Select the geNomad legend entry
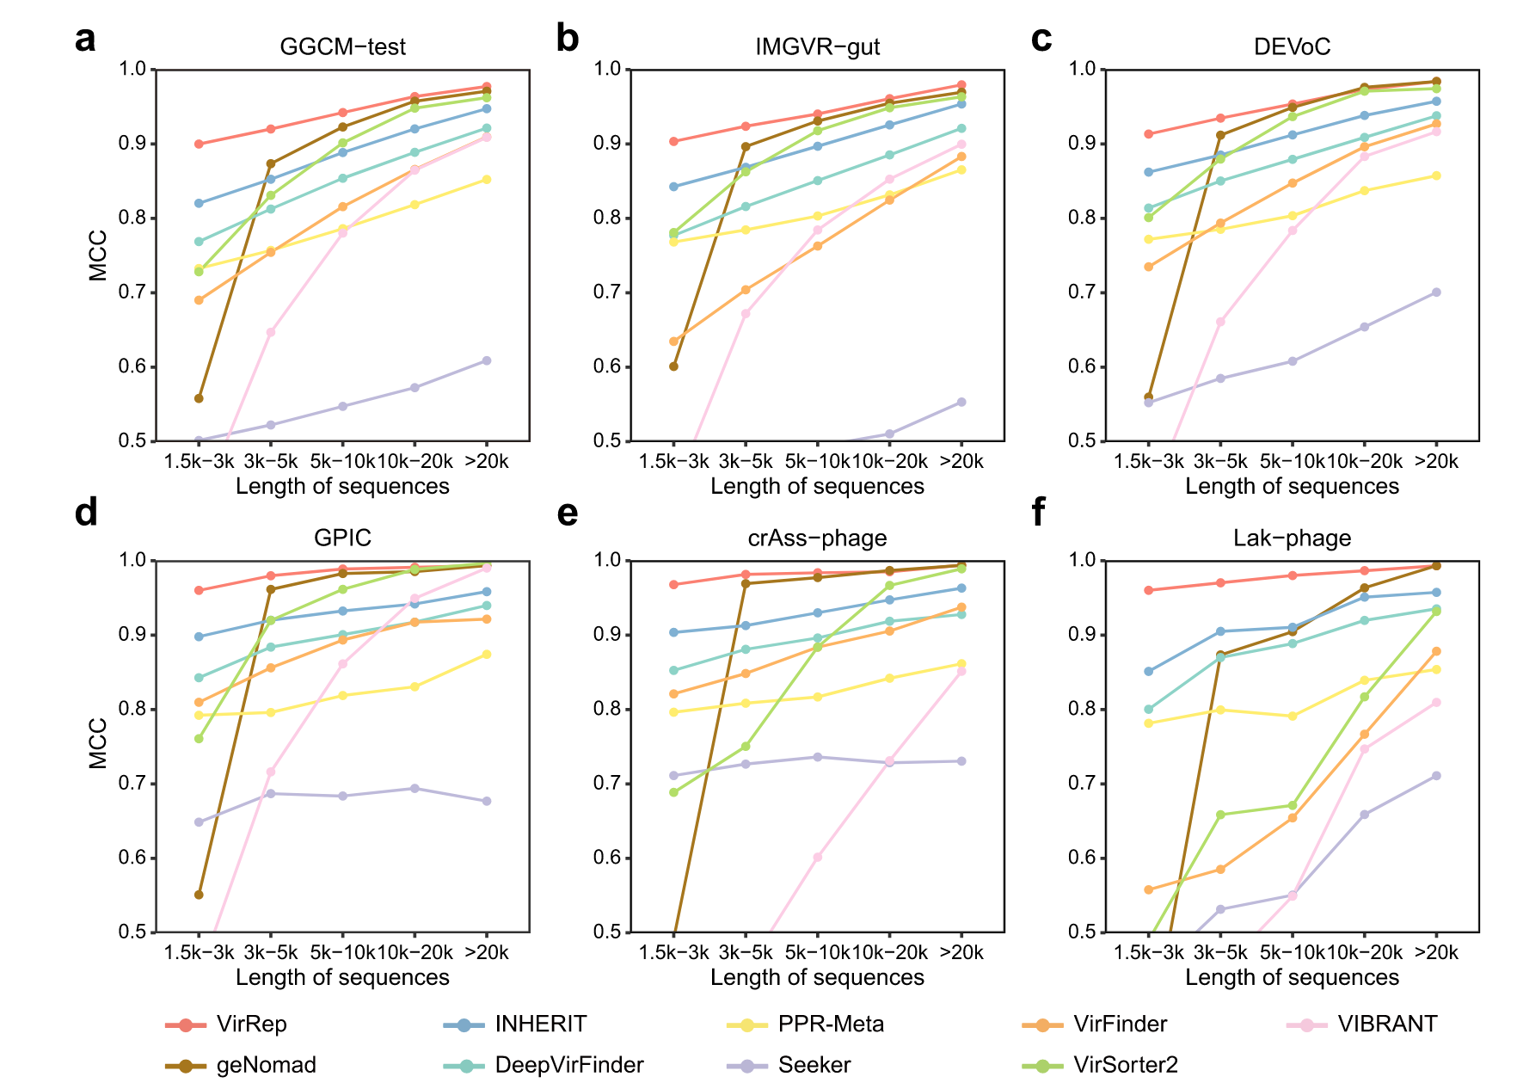point(266,1065)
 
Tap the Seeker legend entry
point(814,1065)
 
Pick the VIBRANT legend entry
point(1386,1024)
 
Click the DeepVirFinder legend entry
point(568,1065)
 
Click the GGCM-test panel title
point(342,46)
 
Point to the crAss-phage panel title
point(817,538)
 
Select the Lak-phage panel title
point(1292,538)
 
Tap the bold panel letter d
point(86,513)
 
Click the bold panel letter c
point(1041,39)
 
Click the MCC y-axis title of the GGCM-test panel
point(98,255)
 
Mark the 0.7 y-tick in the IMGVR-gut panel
point(607,292)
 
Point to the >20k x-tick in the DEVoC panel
point(1436,461)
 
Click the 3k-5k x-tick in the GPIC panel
point(271,952)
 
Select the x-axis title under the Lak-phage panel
point(1292,977)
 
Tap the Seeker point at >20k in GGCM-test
point(487,360)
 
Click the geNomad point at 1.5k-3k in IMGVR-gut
point(673,366)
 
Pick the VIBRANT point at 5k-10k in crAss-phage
point(817,858)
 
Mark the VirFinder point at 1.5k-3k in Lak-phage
point(1148,889)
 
